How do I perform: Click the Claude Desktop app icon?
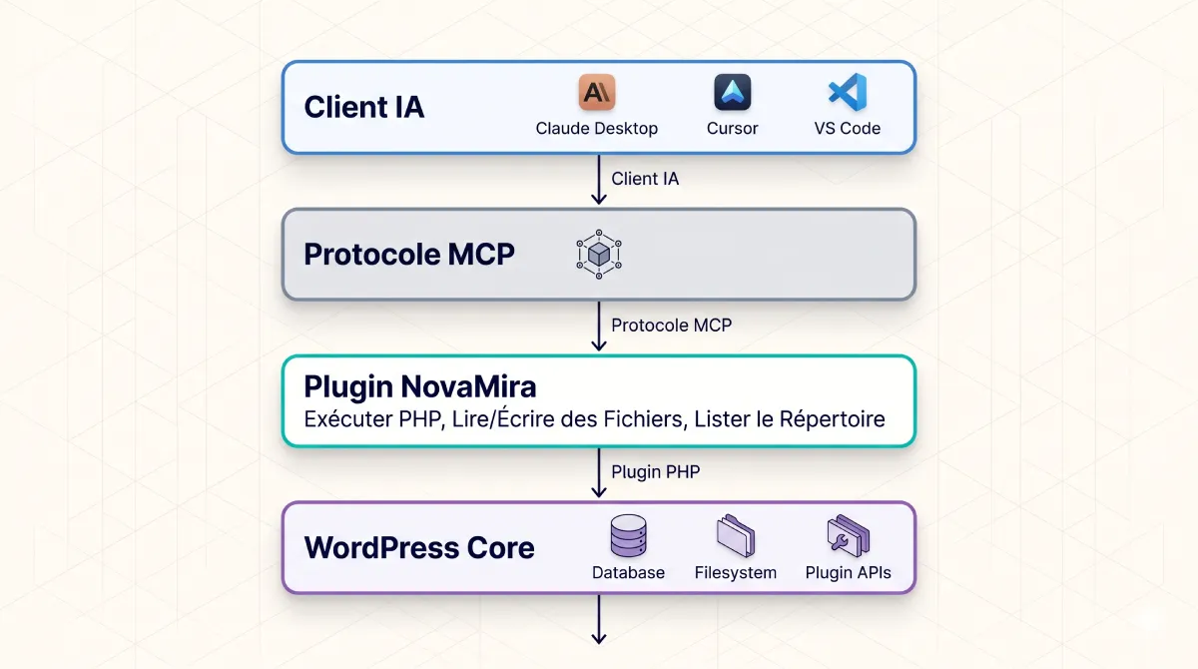[x=597, y=93]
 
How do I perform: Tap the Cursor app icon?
[x=732, y=93]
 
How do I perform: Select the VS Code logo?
[x=848, y=93]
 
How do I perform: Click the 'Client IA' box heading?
[x=364, y=107]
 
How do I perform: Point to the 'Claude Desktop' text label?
[x=597, y=129]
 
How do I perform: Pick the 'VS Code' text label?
[x=848, y=129]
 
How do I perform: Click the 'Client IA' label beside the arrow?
[x=645, y=179]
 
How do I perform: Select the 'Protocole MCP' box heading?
[x=409, y=254]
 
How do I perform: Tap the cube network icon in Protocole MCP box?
[x=599, y=255]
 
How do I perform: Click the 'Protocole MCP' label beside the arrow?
[x=671, y=326]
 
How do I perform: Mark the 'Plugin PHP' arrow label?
[x=655, y=472]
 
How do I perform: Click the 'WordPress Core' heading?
[x=419, y=547]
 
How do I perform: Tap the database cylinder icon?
[x=628, y=537]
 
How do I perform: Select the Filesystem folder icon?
[x=735, y=537]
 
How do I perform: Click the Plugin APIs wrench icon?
[x=848, y=537]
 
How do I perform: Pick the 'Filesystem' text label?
[x=735, y=573]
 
